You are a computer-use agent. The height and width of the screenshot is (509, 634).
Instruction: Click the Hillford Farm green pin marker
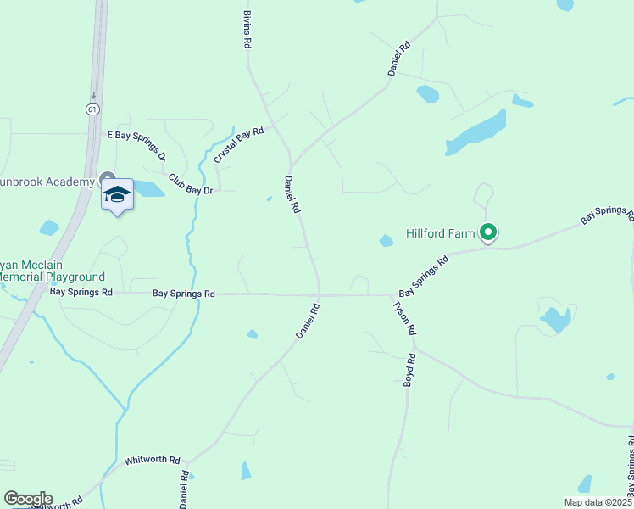click(487, 232)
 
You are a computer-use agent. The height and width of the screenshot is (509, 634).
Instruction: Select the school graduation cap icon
click(118, 196)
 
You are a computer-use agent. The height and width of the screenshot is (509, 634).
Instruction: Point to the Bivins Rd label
click(247, 31)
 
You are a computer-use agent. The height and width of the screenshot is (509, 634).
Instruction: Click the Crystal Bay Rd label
click(239, 144)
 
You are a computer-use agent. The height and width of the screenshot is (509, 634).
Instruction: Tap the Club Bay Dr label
click(189, 184)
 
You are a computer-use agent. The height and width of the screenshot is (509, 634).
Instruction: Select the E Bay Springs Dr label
click(136, 146)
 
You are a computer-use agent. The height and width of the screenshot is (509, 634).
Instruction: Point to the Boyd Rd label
click(409, 370)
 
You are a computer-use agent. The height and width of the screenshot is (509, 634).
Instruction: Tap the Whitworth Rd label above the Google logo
click(153, 461)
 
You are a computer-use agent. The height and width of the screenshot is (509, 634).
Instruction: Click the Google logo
click(28, 499)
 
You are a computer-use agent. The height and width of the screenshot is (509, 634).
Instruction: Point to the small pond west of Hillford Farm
click(386, 241)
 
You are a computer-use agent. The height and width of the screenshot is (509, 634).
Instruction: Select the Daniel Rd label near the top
click(399, 59)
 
